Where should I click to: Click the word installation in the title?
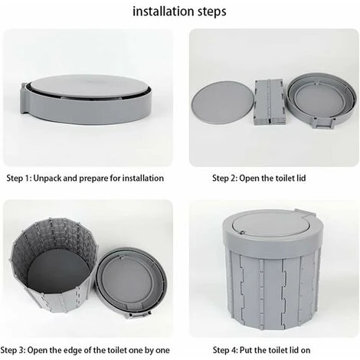pos(164,11)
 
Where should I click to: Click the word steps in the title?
pos(212,12)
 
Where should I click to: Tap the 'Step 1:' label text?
pos(19,178)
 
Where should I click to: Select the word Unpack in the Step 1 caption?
pos(47,178)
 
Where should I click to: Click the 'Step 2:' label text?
pos(225,178)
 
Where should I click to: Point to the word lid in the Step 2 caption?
pos(301,178)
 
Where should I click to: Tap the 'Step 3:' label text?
pos(13,350)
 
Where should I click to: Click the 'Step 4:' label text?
pos(225,350)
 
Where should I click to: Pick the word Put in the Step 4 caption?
pos(246,350)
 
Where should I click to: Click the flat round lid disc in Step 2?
pos(223,102)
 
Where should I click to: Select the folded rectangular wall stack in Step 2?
pos(269,101)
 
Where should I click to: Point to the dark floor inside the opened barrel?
pos(58,273)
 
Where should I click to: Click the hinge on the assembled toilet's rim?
pos(305,212)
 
